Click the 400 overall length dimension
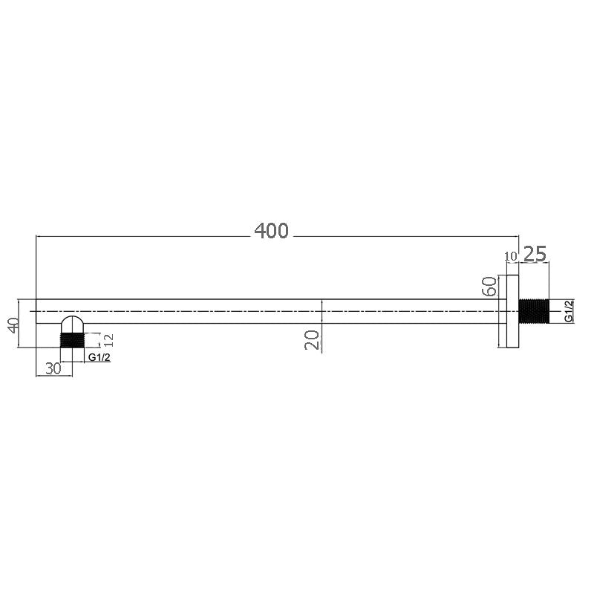[x=271, y=231]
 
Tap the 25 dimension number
[x=535, y=254]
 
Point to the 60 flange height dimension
[x=489, y=287]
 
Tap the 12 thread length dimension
[x=109, y=340]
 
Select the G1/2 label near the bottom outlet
[x=99, y=358]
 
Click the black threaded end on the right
[x=533, y=310]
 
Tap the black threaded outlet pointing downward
[x=72, y=340]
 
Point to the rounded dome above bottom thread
[x=72, y=325]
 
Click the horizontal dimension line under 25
[x=535, y=264]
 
